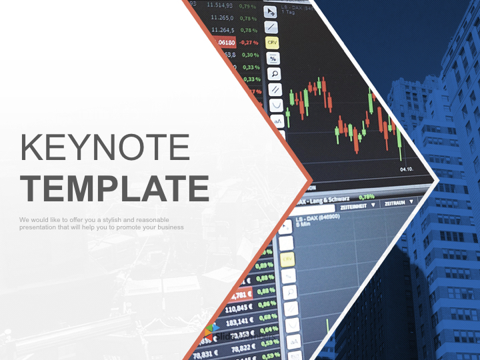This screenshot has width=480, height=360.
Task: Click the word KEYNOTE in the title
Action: click(105, 147)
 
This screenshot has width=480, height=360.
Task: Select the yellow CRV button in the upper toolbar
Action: click(272, 42)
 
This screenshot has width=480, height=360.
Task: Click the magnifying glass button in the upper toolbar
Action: click(273, 73)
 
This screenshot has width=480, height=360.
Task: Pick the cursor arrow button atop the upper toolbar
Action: click(270, 11)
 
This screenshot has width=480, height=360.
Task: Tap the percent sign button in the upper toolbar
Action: click(273, 58)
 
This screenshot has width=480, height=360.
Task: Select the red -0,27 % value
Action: click(249, 42)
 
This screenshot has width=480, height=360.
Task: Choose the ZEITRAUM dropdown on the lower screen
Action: click(395, 201)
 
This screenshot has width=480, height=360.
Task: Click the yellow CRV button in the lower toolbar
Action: click(287, 259)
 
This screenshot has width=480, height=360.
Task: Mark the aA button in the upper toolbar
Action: click(278, 121)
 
